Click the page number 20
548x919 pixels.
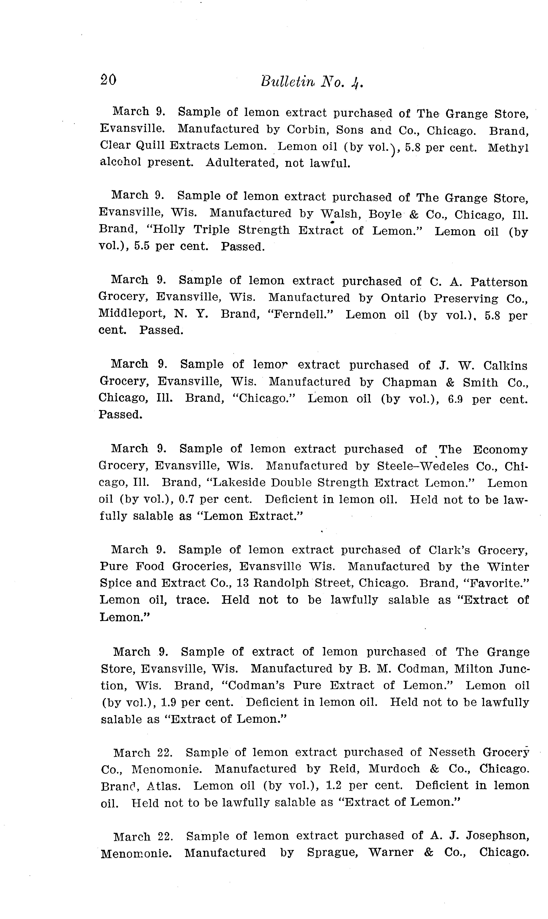pos(108,80)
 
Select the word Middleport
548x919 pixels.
pos(131,314)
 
